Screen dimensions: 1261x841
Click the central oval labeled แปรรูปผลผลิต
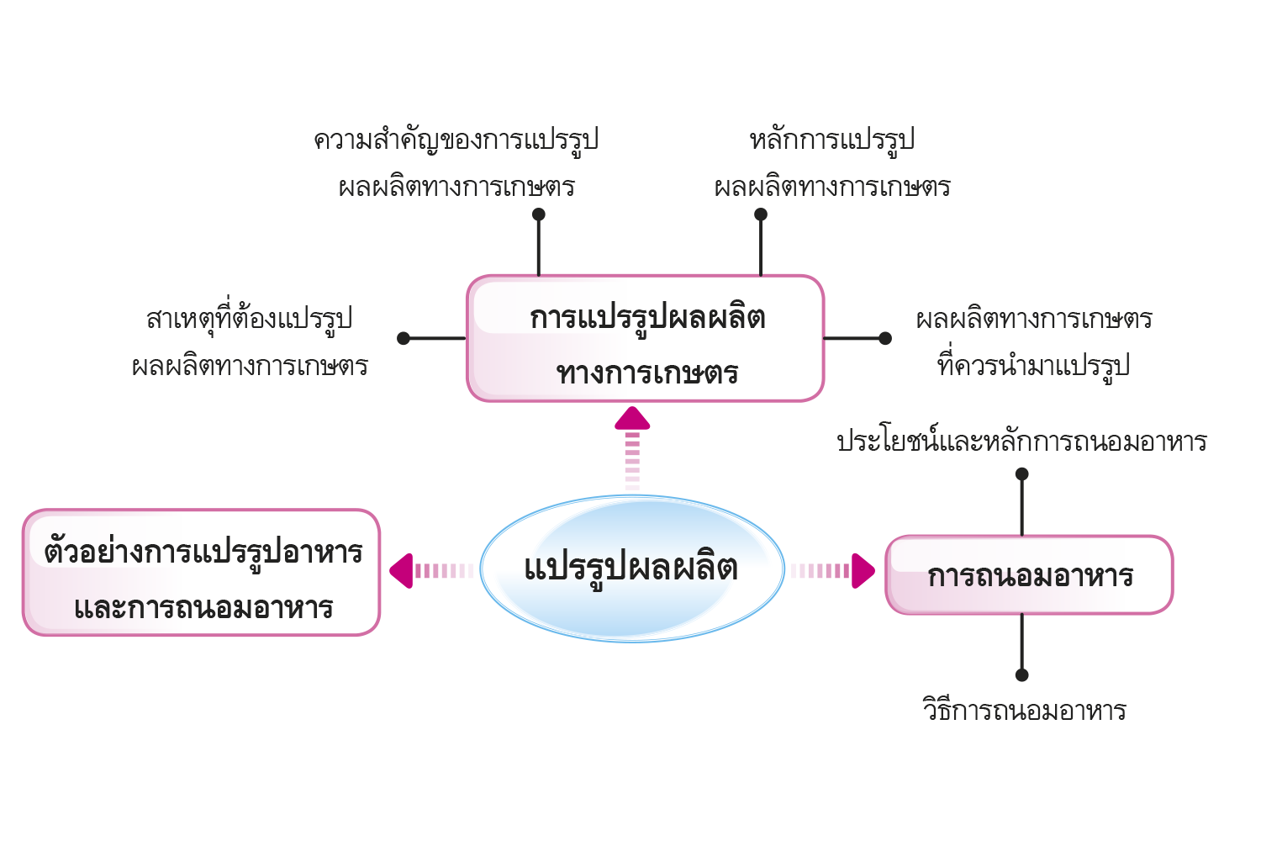click(x=632, y=569)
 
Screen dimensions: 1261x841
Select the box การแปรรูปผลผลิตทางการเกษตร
click(x=646, y=338)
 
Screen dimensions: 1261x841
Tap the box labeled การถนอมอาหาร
click(x=1030, y=574)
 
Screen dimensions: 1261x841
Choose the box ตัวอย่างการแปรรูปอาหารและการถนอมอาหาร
click(x=202, y=573)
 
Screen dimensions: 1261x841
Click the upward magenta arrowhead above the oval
click(x=632, y=419)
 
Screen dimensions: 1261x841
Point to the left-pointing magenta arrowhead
click(x=401, y=570)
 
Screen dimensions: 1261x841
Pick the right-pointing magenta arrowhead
click(x=863, y=570)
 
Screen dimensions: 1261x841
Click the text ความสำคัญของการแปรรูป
click(x=456, y=140)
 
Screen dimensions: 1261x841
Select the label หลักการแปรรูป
click(x=832, y=140)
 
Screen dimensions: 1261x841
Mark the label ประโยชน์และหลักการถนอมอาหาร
click(x=1022, y=441)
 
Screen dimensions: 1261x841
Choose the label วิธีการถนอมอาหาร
click(x=1025, y=709)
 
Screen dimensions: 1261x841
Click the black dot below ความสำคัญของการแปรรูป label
click(x=539, y=214)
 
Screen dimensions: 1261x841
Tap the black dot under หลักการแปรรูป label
click(x=761, y=214)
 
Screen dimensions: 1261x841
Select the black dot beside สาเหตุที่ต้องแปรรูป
click(x=403, y=338)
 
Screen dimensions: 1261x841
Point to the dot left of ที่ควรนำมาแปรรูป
click(x=885, y=338)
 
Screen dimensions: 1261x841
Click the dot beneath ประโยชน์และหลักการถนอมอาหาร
click(x=1021, y=473)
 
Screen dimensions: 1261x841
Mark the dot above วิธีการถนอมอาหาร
click(x=1021, y=674)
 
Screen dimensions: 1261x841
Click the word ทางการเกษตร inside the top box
click(x=647, y=373)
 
